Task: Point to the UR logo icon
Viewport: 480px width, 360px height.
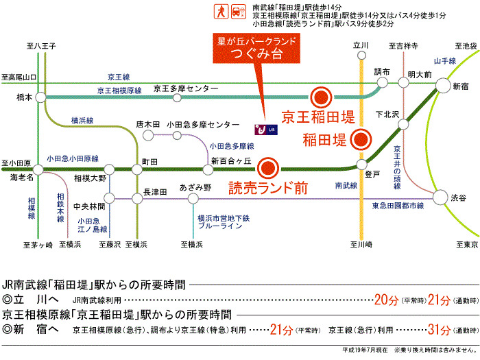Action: point(264,128)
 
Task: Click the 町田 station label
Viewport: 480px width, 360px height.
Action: point(149,161)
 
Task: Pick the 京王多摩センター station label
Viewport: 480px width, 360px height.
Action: point(185,88)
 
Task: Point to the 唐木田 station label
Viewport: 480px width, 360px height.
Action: point(147,124)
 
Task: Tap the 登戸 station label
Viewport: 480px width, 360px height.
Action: point(372,174)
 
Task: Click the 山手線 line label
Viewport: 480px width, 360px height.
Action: point(444,61)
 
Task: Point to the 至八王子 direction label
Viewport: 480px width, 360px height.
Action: point(41,46)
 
